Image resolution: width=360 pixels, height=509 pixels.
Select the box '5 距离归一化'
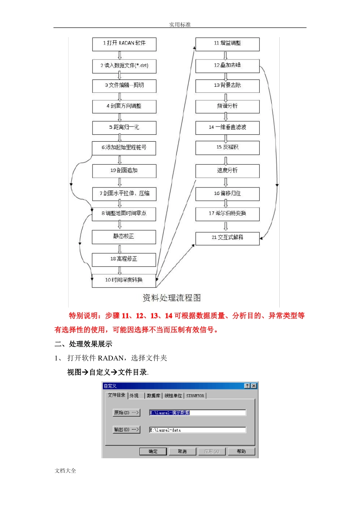[124, 128]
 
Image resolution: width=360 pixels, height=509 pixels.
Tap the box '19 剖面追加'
[124, 171]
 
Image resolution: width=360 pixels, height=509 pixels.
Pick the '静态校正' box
[124, 237]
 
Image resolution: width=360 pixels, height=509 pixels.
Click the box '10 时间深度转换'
[124, 280]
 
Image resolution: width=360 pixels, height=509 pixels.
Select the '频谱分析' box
[227, 106]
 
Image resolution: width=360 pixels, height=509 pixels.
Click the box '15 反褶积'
[227, 148]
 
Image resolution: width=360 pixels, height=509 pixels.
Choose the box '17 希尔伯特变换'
[227, 214]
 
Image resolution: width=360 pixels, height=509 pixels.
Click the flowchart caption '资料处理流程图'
[172, 298]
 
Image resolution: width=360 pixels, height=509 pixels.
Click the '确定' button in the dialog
[153, 451]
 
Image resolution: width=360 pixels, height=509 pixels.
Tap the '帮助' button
[241, 451]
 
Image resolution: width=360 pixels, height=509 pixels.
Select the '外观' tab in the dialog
[134, 396]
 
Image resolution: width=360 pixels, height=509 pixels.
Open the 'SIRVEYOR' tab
[195, 396]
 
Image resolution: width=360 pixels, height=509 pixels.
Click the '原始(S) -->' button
[127, 412]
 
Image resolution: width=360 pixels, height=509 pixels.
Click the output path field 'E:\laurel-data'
[197, 430]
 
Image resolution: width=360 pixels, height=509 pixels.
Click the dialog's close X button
[254, 386]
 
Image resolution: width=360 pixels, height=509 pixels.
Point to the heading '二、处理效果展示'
[83, 344]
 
